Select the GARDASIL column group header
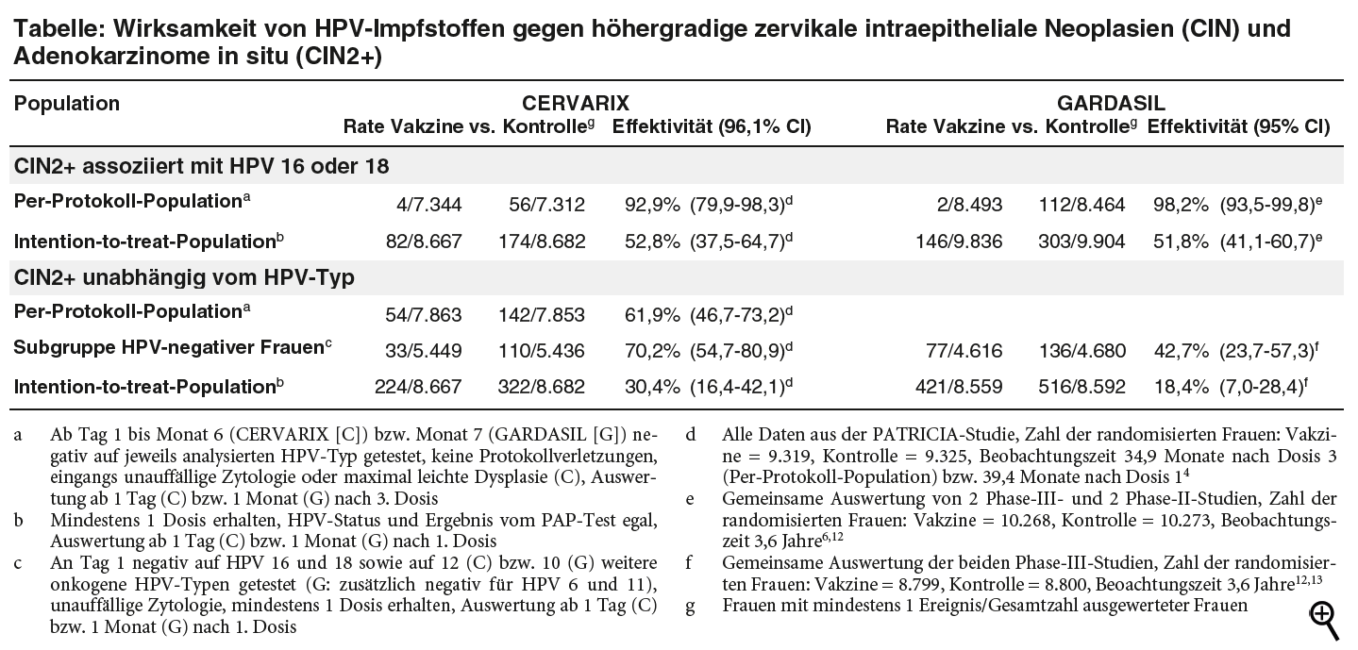pyautogui.click(x=1110, y=103)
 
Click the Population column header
pyautogui.click(x=67, y=103)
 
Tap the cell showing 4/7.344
pyautogui.click(x=430, y=204)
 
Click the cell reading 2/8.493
pyautogui.click(x=971, y=204)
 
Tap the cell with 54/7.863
pyautogui.click(x=425, y=314)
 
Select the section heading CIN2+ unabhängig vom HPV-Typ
pyautogui.click(x=183, y=277)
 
